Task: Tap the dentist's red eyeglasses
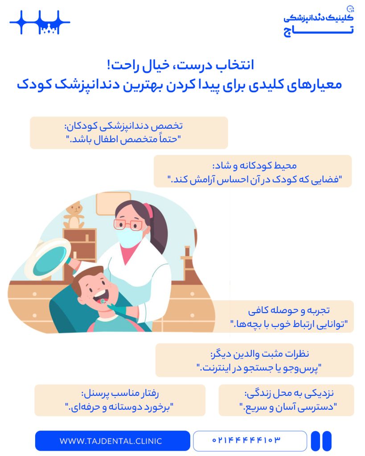128,224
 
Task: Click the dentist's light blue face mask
129,237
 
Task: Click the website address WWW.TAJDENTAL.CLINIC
111,441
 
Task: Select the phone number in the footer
246,440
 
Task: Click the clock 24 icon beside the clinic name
350,9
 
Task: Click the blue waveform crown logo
40,22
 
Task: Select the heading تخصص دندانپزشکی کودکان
123,126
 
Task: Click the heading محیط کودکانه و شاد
254,166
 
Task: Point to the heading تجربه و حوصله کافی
289,310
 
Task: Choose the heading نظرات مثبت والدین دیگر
259,354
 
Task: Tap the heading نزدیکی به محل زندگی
289,393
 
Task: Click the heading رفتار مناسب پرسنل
120,393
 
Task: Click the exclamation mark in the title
109,64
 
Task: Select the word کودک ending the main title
34,84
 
